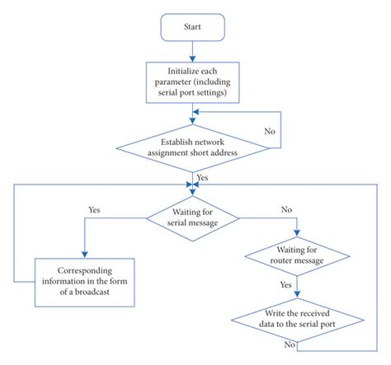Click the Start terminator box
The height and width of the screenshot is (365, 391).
192,26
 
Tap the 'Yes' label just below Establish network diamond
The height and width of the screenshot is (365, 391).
202,176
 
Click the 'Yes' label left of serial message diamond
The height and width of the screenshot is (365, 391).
94,209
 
